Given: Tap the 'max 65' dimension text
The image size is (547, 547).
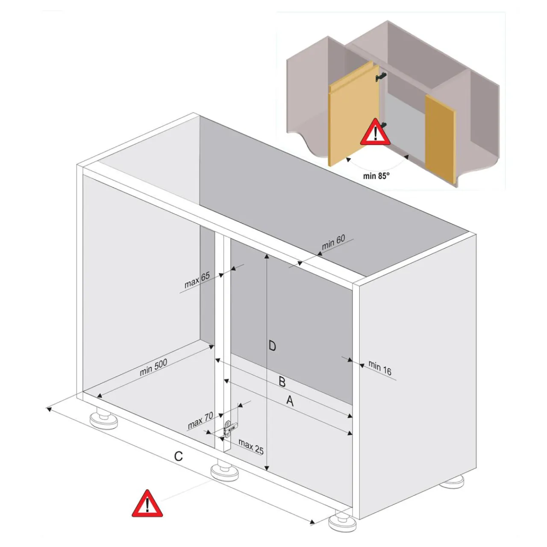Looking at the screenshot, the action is tap(197, 280).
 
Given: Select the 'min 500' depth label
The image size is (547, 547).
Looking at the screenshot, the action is tap(153, 367).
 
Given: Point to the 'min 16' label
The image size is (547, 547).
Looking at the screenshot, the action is tap(379, 368).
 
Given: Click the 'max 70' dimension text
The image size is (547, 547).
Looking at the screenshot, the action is tap(200, 421).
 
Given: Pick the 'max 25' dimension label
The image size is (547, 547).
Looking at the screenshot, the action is tap(251, 447).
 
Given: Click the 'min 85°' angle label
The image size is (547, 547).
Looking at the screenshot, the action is tap(376, 176).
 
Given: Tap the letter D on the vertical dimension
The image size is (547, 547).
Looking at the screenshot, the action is tap(272, 346).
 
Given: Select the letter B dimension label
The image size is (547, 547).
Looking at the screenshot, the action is tap(282, 382).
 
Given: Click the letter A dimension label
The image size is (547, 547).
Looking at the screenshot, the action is tap(290, 401).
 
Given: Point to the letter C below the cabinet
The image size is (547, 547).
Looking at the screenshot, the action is tap(178, 457).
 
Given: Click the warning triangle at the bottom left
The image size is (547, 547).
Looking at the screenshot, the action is tap(147, 503).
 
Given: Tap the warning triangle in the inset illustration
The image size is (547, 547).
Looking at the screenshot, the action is tap(375, 132).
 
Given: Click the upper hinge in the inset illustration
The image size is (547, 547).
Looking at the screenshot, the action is tap(381, 76).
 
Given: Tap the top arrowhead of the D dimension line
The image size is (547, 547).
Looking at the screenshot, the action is tap(267, 256).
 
